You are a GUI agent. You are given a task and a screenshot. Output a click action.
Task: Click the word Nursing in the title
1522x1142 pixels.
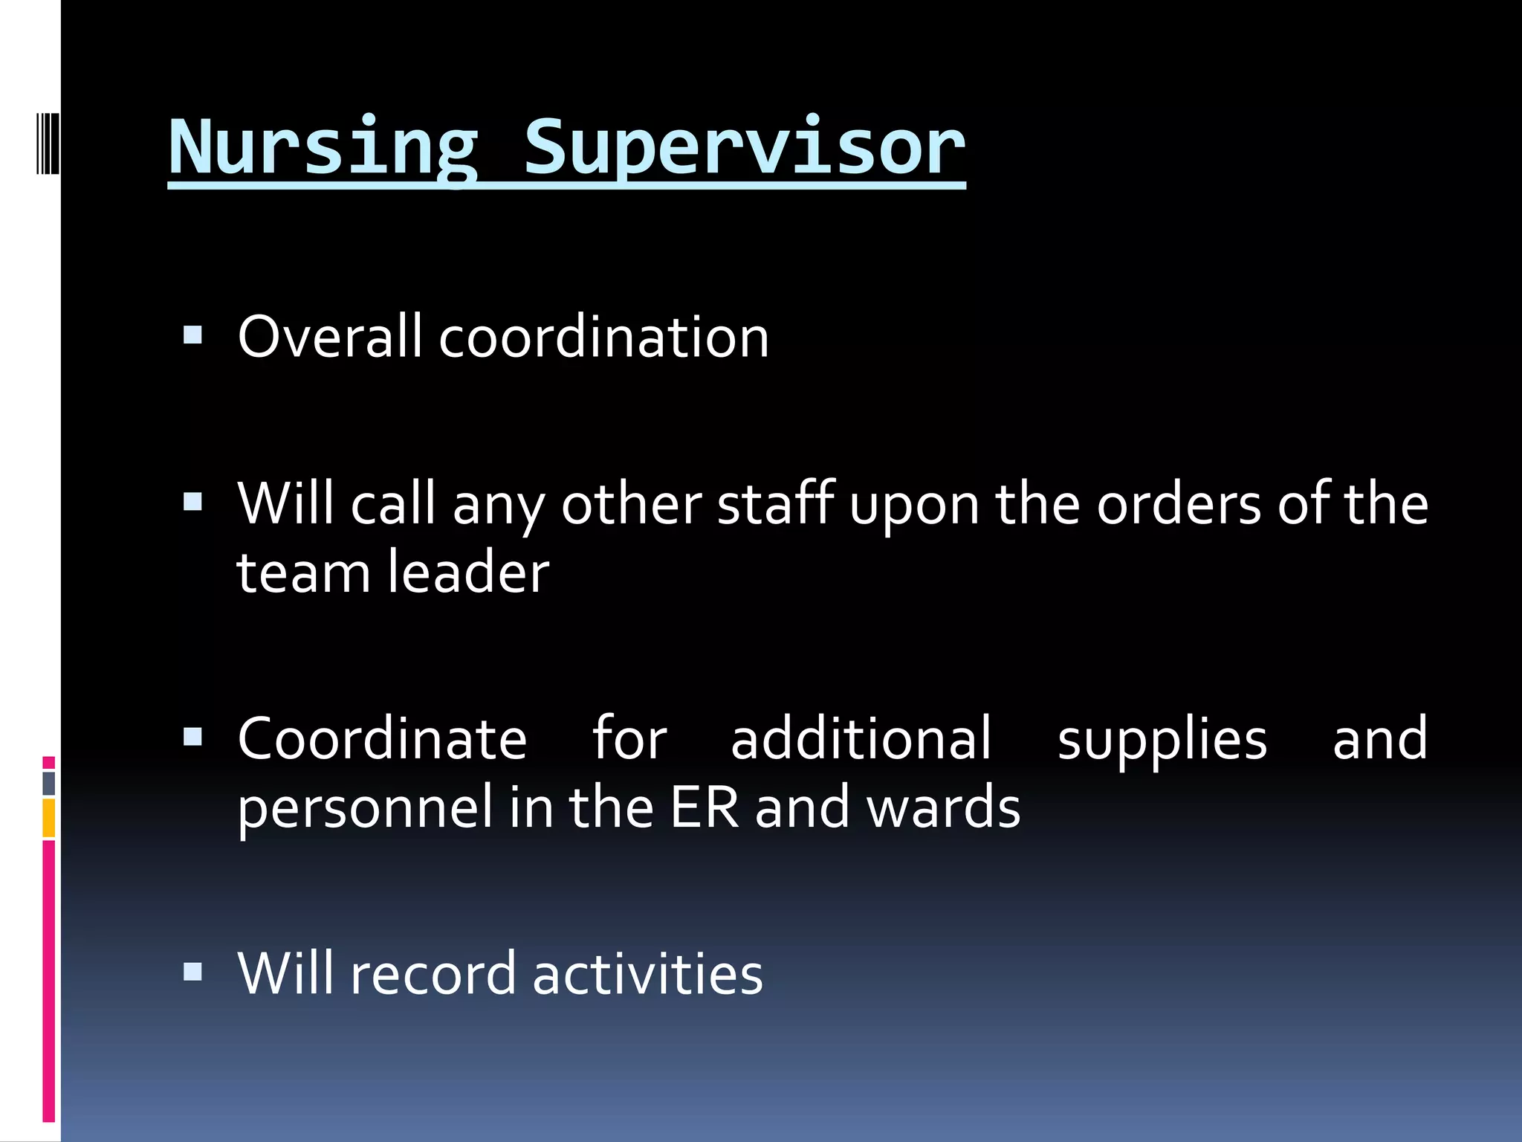[x=323, y=149]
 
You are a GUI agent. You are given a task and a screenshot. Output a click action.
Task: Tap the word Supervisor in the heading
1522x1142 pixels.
[x=744, y=149]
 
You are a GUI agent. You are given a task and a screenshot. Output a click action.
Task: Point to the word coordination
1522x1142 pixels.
[x=603, y=337]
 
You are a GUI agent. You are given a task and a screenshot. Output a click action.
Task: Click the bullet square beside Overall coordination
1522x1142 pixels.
[x=193, y=335]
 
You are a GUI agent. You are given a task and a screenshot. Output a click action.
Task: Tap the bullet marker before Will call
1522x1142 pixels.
[x=193, y=503]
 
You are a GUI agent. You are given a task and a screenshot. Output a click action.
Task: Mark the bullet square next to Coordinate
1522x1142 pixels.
[x=193, y=737]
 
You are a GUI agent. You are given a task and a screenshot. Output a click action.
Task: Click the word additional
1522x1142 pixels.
[x=861, y=739]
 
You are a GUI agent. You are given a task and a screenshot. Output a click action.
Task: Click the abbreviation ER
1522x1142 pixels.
[x=705, y=807]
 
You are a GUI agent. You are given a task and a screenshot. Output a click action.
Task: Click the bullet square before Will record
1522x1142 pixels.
[x=193, y=972]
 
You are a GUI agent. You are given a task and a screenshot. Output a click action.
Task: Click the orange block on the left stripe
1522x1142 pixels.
[x=49, y=818]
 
